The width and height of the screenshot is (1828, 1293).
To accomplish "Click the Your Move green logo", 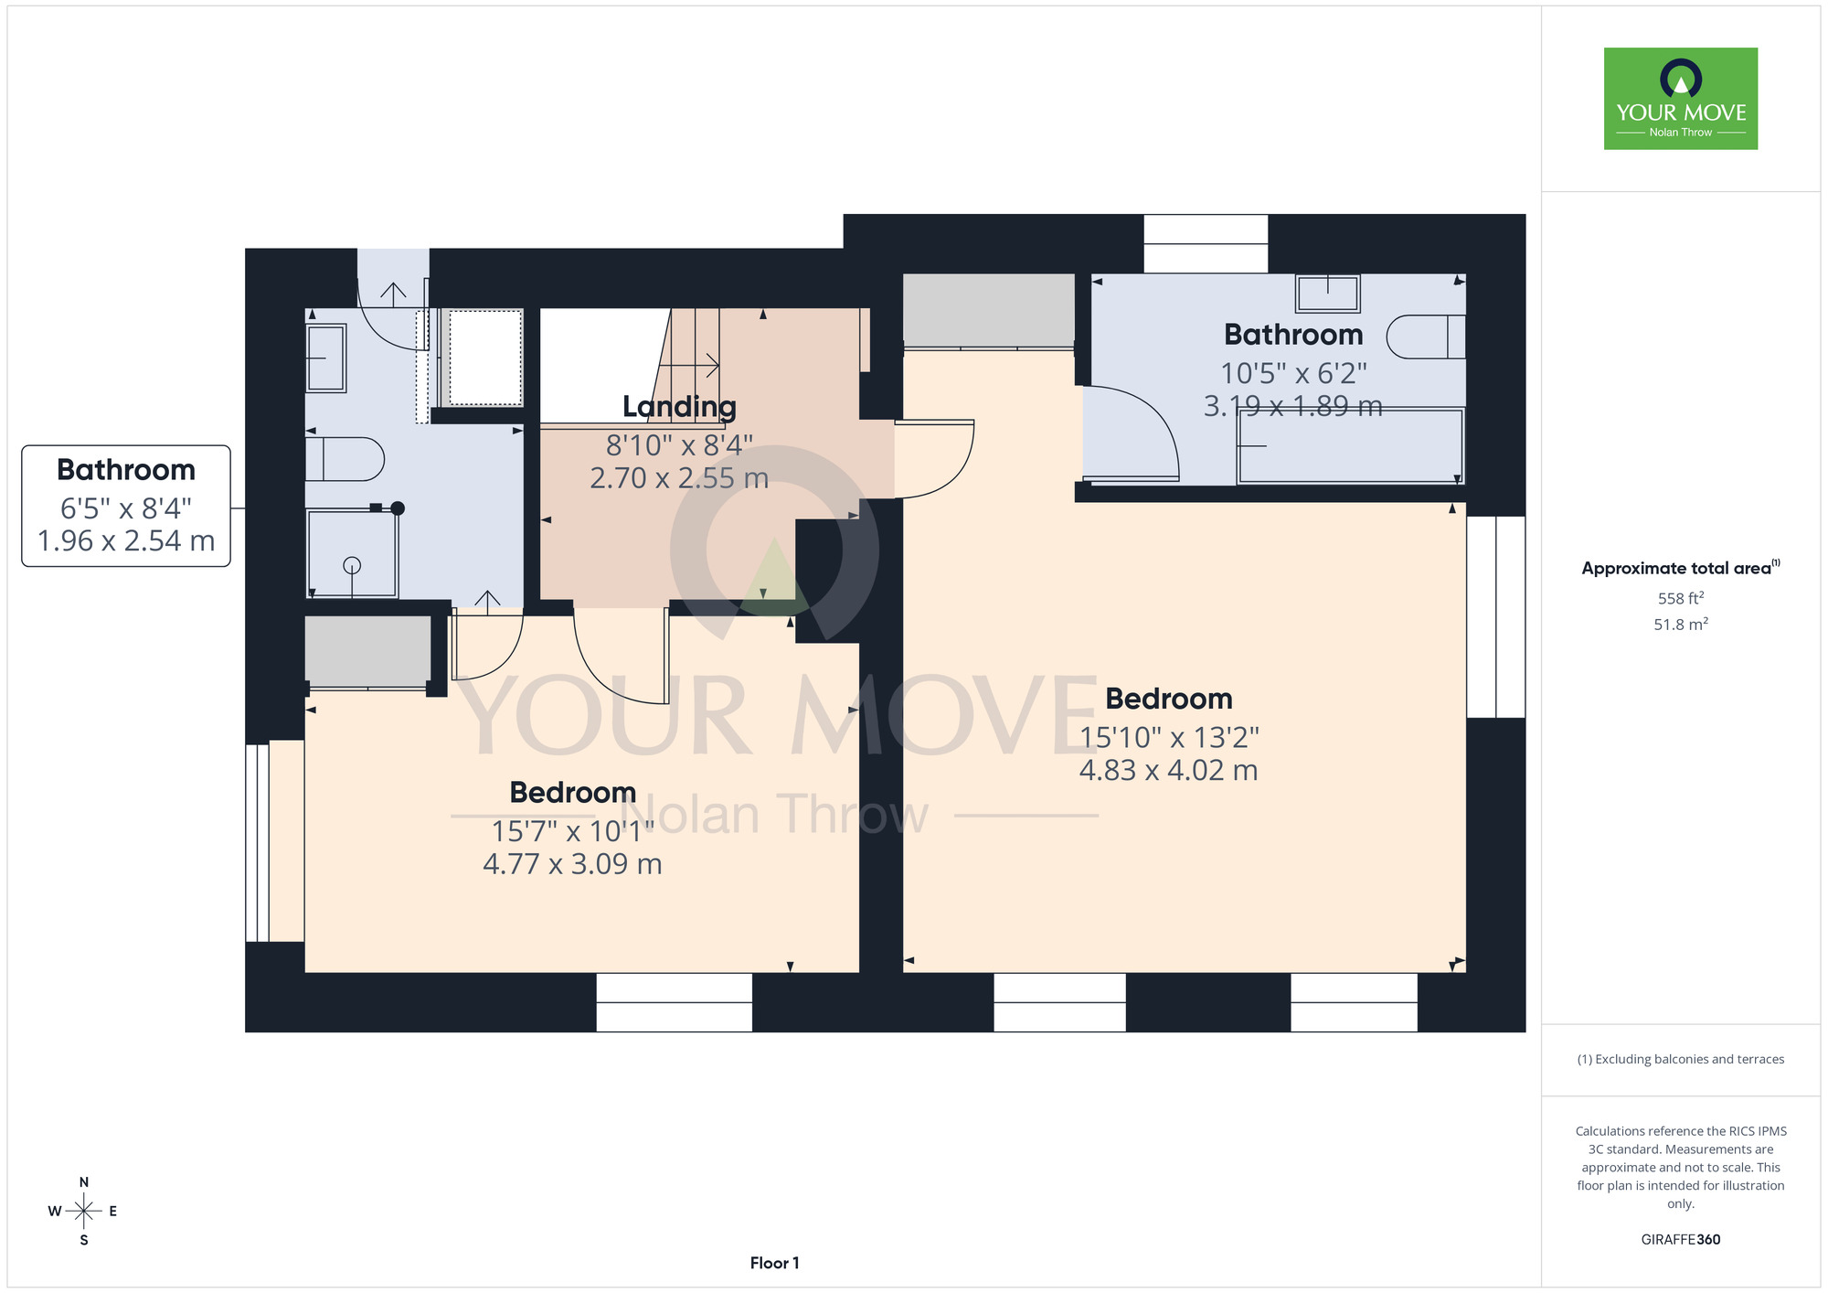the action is [x=1680, y=99].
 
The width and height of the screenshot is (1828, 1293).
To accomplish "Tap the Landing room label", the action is [x=679, y=407].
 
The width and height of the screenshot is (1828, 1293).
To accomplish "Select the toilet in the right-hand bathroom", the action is [x=1426, y=337].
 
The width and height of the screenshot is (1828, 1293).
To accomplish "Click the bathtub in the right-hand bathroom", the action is [x=1350, y=446].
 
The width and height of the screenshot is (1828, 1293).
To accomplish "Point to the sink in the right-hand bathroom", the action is [x=1327, y=294].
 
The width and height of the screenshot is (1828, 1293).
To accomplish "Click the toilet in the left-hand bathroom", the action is [x=344, y=459].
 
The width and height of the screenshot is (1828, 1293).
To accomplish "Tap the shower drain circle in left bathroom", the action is [x=352, y=565].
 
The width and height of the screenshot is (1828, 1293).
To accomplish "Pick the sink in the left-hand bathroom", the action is [x=325, y=358].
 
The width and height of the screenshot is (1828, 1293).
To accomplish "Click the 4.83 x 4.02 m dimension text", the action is [x=1168, y=770].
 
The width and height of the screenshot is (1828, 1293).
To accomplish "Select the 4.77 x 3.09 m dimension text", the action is [x=572, y=864].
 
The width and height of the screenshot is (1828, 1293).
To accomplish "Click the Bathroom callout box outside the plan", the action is [x=126, y=506].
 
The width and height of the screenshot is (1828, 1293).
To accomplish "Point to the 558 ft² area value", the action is [x=1680, y=598].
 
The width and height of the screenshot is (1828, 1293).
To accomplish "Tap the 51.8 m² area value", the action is [x=1680, y=624].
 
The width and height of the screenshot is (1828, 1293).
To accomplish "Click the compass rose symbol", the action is [x=84, y=1212].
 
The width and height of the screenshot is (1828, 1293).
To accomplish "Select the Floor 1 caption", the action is [x=774, y=1263].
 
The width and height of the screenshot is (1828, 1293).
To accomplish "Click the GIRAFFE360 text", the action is [x=1680, y=1240].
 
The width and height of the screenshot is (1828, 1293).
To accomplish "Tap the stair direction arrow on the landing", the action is [x=689, y=366].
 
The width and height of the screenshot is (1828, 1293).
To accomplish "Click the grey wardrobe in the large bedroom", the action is [x=988, y=309].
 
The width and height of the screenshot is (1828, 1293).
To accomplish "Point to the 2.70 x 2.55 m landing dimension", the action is [x=679, y=478].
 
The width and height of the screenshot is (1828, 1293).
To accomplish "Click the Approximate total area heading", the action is [x=1680, y=568].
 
